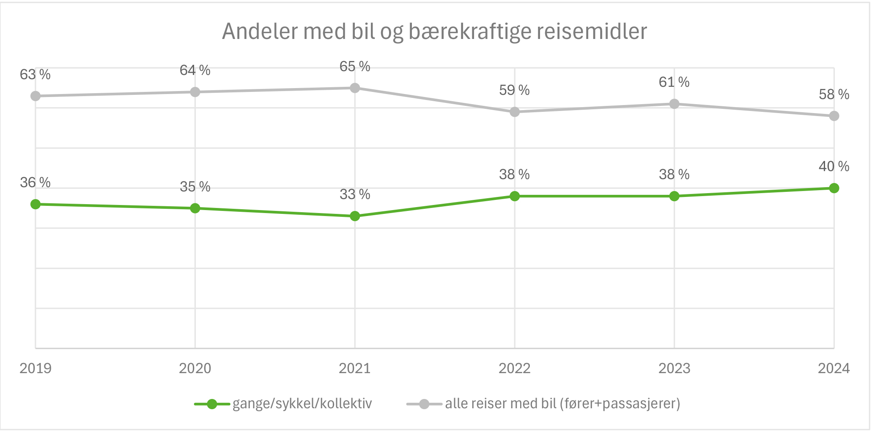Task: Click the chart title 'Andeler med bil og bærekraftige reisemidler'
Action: (434, 32)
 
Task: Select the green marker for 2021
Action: (355, 216)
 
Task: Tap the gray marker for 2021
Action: (355, 88)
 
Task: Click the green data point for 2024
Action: (834, 188)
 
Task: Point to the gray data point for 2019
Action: (36, 96)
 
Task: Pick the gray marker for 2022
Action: (514, 112)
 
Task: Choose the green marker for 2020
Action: (195, 208)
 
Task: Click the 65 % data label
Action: (355, 66)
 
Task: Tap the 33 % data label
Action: (355, 194)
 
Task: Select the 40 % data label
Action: (834, 166)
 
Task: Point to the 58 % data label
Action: (834, 94)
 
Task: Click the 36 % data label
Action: (35, 183)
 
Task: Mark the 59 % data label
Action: (514, 90)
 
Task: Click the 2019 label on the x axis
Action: (36, 368)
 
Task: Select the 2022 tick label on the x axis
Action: (514, 368)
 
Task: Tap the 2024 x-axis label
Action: (834, 368)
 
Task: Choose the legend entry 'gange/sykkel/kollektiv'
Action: (302, 404)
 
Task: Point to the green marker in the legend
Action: (212, 404)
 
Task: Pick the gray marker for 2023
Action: (674, 104)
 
